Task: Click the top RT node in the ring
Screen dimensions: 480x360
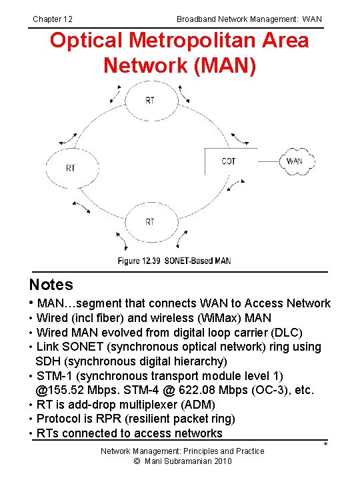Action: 150,101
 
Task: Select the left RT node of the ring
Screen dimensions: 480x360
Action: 71,169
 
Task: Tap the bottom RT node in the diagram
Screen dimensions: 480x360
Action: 150,222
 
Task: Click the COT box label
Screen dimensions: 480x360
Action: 229,161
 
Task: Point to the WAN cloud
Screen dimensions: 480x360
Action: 294,161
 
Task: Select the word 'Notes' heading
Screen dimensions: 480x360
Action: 51,285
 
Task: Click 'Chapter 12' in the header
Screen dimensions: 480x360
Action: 53,19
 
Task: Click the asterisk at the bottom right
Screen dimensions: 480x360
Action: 326,445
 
